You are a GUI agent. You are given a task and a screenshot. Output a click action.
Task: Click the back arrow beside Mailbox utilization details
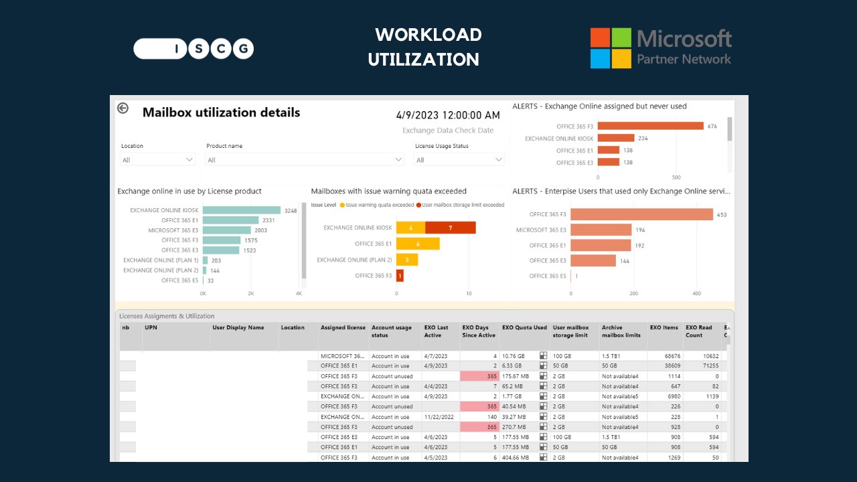pos(123,108)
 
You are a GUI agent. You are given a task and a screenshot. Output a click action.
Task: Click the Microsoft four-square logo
pos(611,48)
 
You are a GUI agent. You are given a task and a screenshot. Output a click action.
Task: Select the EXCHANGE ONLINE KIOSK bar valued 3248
pos(242,210)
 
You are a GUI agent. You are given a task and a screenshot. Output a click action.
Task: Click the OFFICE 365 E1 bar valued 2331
pos(230,220)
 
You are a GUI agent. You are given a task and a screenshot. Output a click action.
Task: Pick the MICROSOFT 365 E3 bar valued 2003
pos(227,230)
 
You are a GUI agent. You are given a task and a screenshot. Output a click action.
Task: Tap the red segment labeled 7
pos(451,228)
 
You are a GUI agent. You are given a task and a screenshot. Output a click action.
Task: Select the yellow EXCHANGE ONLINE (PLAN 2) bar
pos(407,260)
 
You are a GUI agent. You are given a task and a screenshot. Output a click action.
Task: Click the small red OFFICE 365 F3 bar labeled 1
pos(400,275)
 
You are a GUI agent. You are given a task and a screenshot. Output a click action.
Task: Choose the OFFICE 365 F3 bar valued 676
pos(651,126)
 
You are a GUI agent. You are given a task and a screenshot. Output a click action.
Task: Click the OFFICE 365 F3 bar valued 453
pos(641,214)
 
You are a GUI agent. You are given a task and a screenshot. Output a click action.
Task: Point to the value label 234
pos(643,139)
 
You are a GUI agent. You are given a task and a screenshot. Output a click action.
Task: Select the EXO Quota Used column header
pos(524,328)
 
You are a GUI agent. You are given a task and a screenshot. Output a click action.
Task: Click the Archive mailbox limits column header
pos(621,331)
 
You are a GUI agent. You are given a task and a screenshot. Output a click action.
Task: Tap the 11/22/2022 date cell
pos(439,417)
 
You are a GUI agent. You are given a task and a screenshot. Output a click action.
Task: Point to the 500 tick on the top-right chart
pos(676,178)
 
